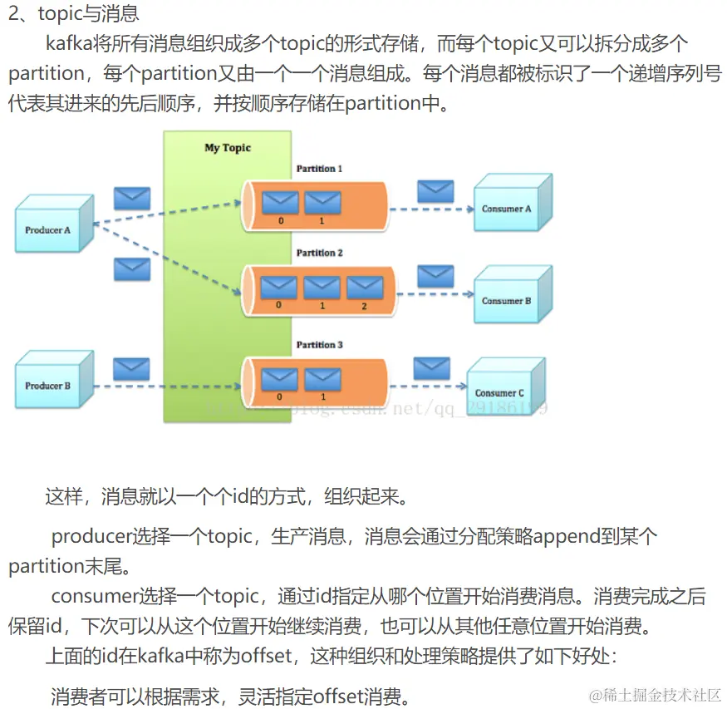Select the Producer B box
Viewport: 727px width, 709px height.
[x=51, y=383]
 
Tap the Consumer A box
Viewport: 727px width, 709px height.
[x=509, y=207]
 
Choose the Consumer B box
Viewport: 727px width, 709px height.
[x=509, y=299]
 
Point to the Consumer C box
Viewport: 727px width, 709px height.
[x=503, y=391]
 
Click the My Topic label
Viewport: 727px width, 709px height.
[x=228, y=148]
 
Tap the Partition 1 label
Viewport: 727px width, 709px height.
[x=320, y=169]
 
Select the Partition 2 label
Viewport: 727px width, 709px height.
[x=320, y=253]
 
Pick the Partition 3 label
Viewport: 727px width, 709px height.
[x=320, y=344]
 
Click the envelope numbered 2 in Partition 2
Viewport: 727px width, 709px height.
[x=364, y=288]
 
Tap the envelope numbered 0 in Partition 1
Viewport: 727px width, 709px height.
[x=279, y=203]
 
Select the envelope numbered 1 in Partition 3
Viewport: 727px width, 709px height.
[x=322, y=380]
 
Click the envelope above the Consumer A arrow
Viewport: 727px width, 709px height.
[x=435, y=191]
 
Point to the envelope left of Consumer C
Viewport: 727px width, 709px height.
[x=431, y=367]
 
